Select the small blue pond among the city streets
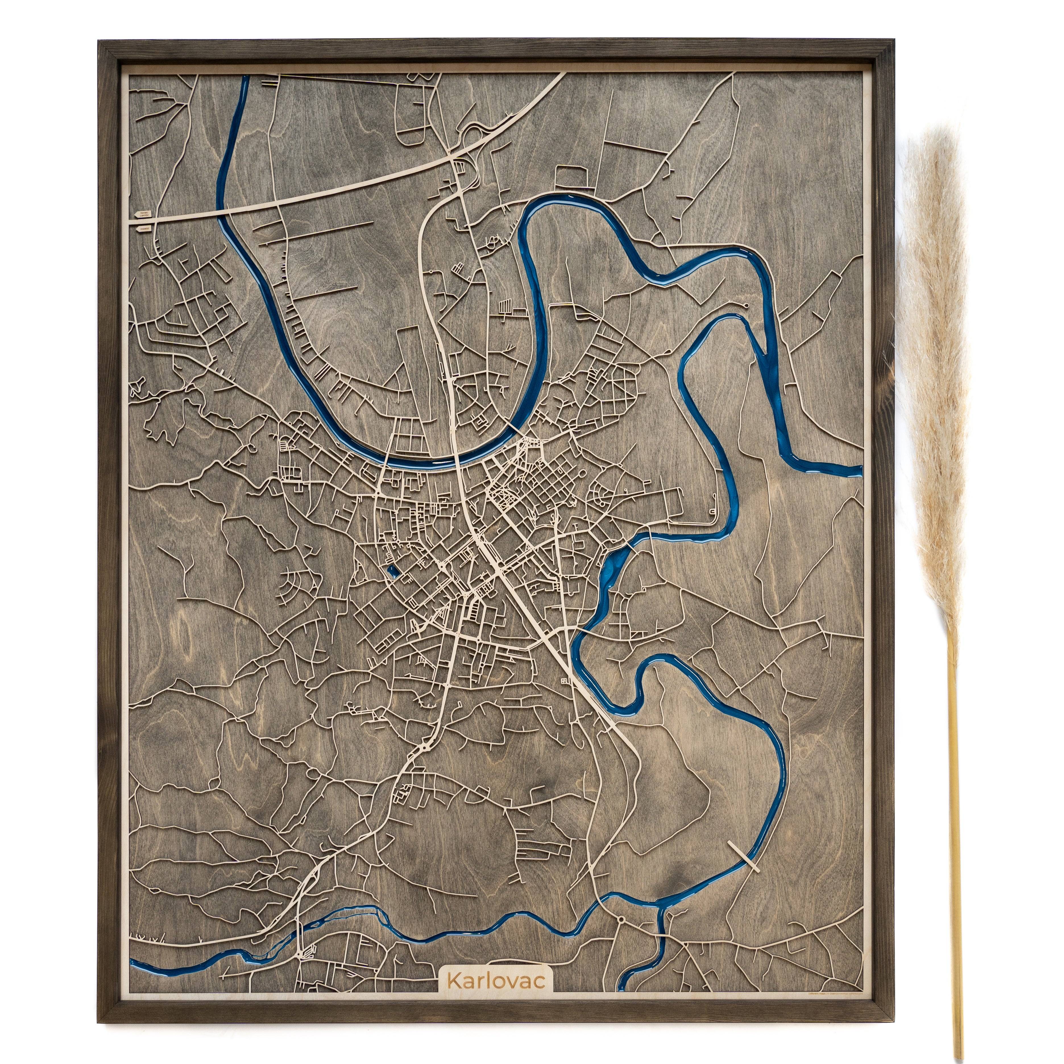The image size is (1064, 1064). (x=391, y=571)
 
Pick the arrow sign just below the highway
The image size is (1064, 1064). (x=143, y=227)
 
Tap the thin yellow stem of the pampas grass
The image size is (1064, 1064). (x=957, y=826)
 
